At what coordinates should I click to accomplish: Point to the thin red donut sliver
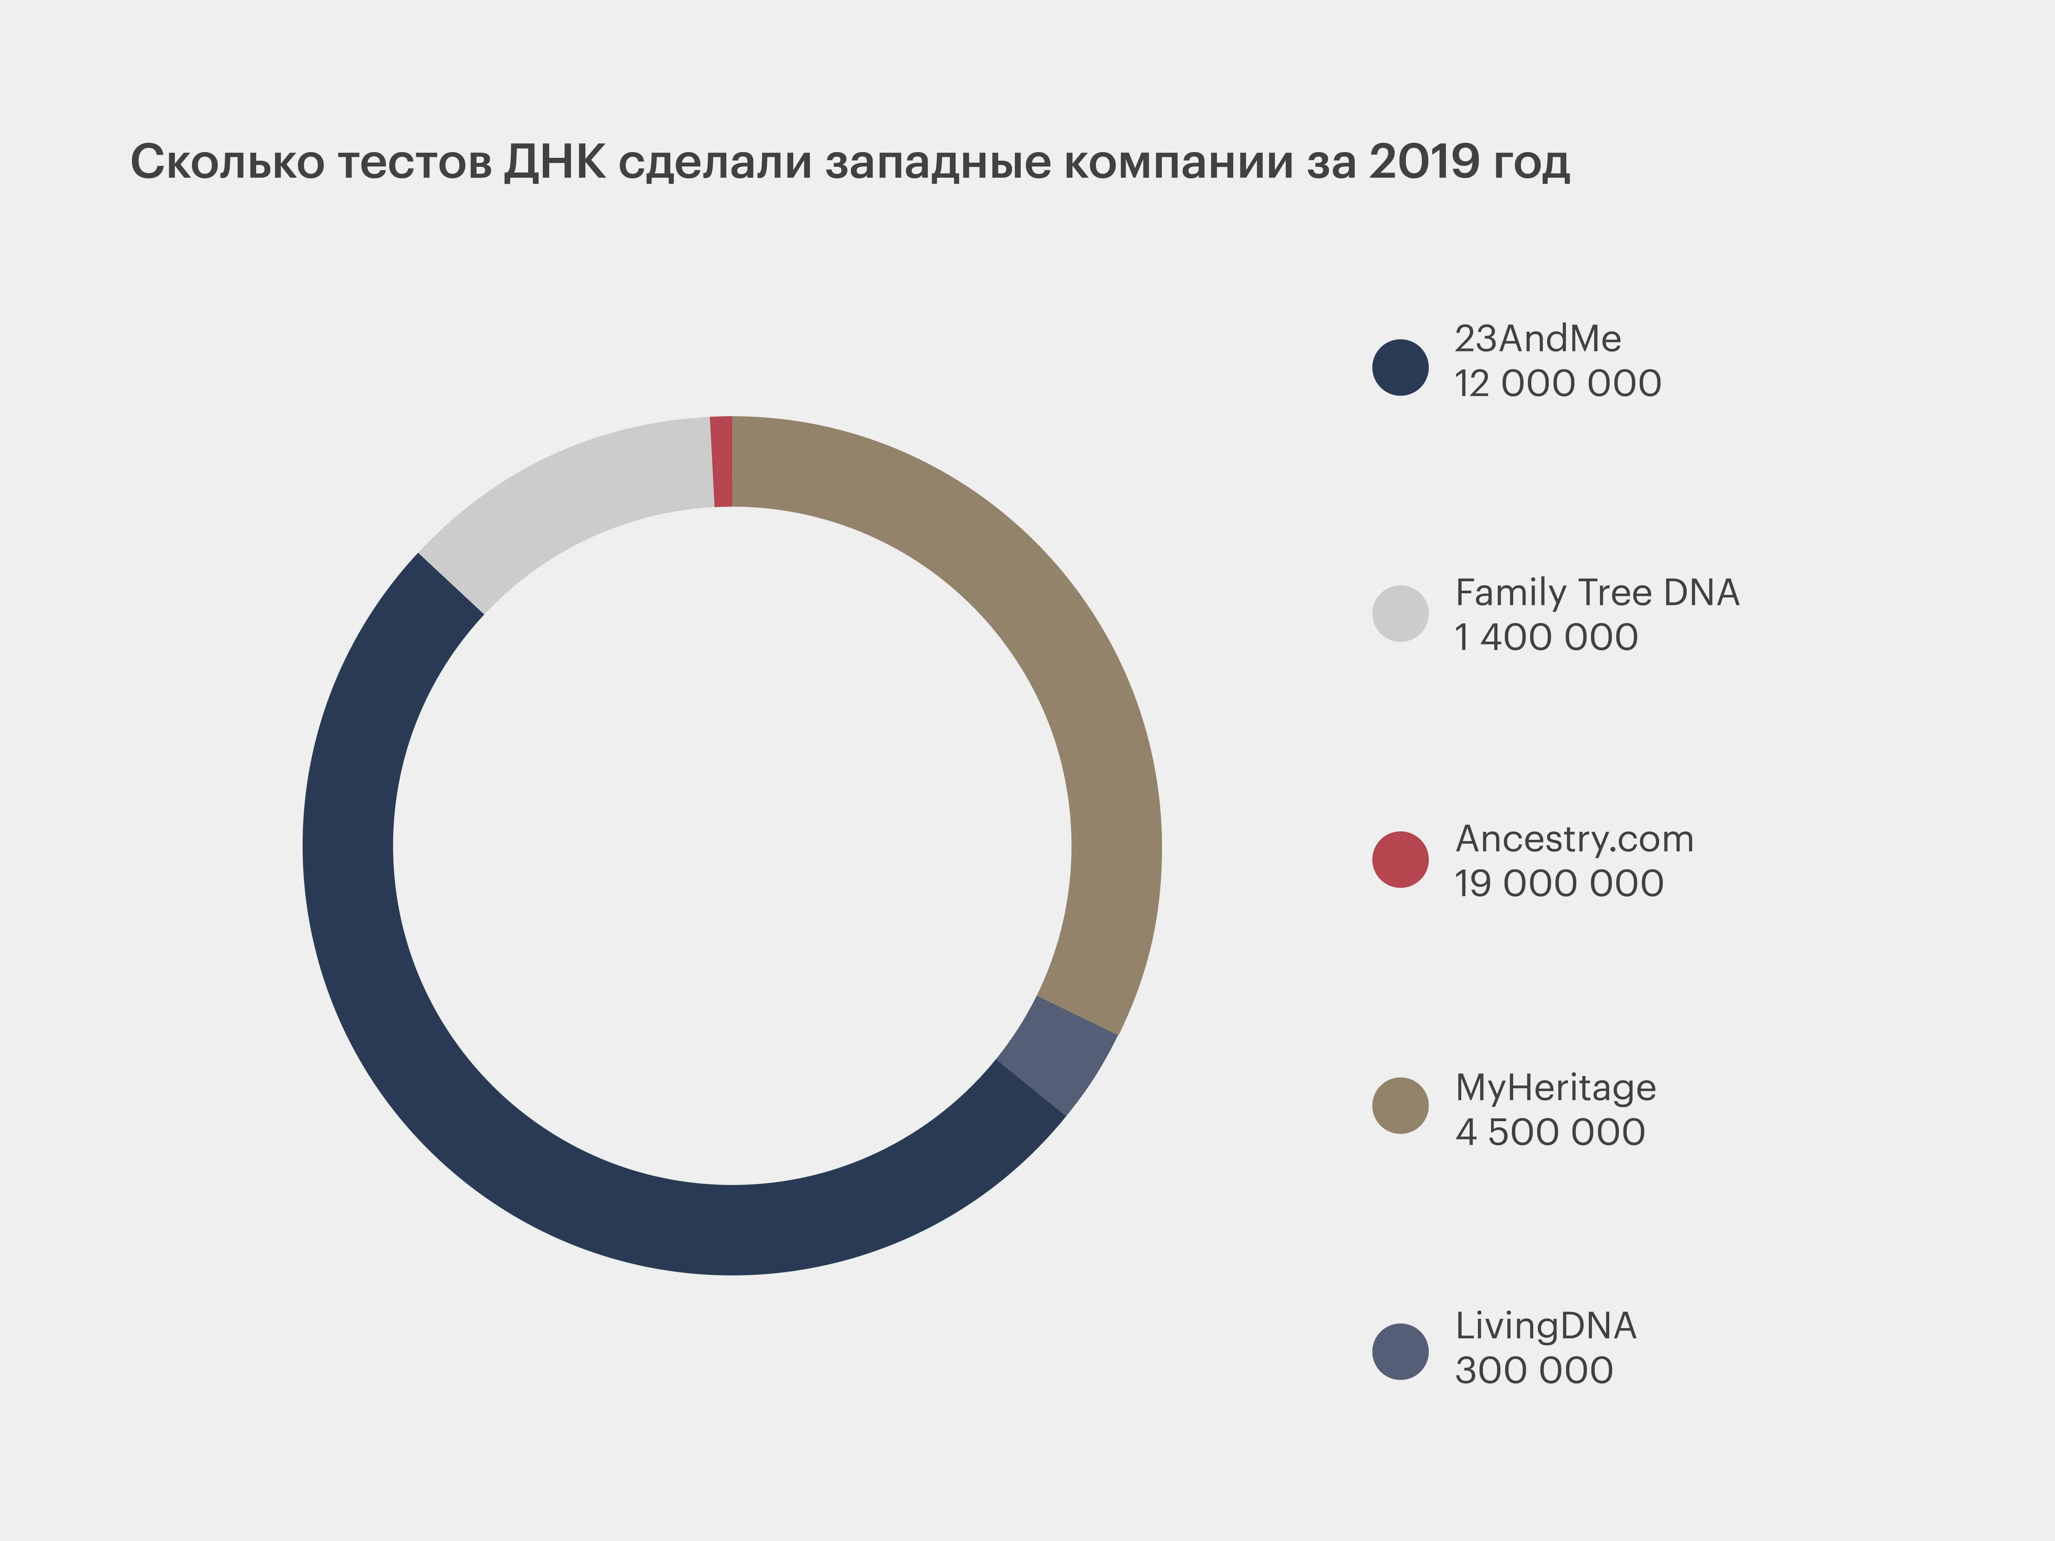pyautogui.click(x=722, y=462)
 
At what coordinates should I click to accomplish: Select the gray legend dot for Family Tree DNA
pyautogui.click(x=1400, y=613)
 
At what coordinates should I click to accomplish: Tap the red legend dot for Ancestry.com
pyautogui.click(x=1400, y=859)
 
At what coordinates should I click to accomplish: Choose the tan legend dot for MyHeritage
pyautogui.click(x=1400, y=1105)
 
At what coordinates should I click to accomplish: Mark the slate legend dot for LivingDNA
pyautogui.click(x=1400, y=1351)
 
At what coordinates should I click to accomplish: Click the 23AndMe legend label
pyautogui.click(x=1537, y=339)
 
